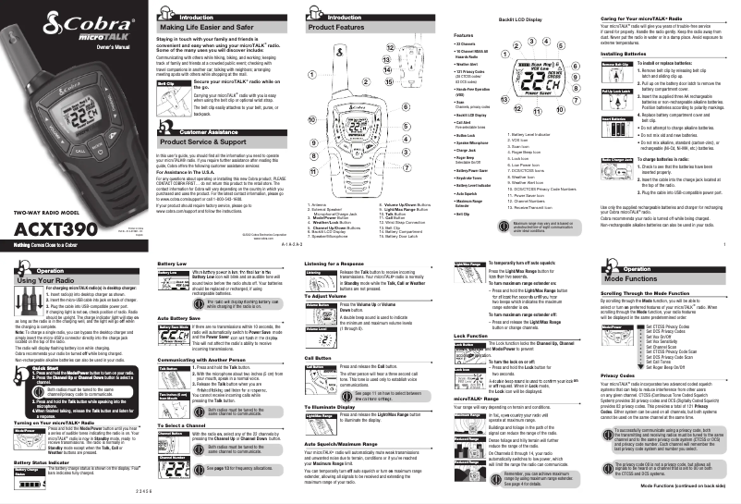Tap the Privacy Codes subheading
(x=616, y=402)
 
